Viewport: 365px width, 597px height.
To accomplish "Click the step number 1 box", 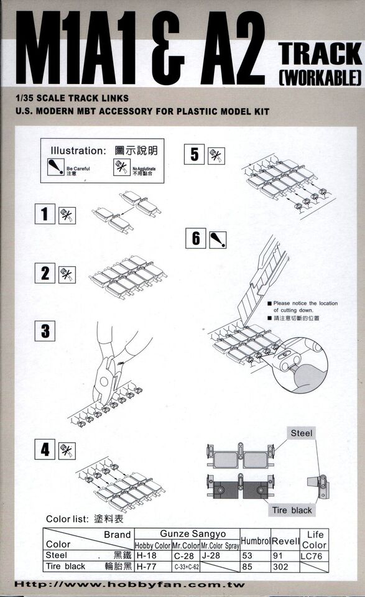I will (44, 215).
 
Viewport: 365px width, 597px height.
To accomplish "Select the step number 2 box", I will (44, 273).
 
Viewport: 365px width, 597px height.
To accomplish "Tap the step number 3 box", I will (44, 331).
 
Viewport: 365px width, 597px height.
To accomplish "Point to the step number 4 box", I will (44, 449).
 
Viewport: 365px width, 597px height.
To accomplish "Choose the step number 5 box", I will (195, 154).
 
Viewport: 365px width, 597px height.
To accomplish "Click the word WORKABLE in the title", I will (318, 77).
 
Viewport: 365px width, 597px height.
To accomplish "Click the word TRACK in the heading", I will (318, 55).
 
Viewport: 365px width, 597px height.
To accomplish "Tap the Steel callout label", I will (302, 433).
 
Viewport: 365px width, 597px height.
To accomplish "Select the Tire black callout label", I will (292, 510).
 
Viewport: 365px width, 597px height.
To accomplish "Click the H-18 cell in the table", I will (146, 555).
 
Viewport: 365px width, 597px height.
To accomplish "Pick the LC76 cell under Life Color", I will (315, 555).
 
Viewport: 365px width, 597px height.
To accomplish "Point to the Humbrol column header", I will (254, 540).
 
